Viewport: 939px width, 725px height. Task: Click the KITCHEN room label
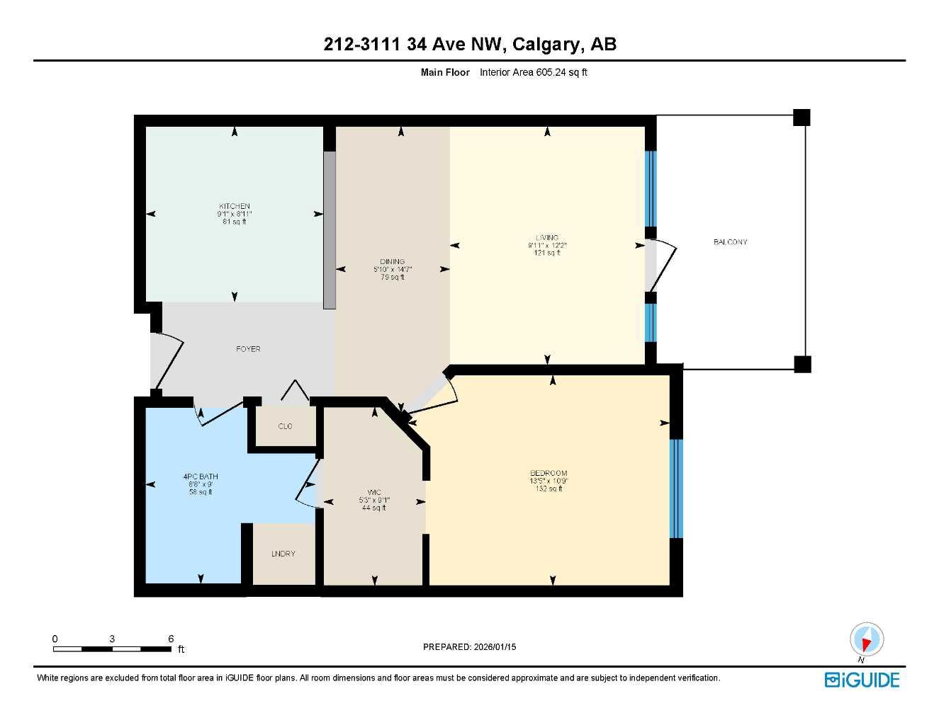pos(234,206)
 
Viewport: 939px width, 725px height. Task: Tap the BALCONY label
pos(730,242)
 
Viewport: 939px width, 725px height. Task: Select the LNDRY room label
pos(283,554)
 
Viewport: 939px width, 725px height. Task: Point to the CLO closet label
pos(285,426)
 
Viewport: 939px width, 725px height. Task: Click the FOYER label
pos(248,349)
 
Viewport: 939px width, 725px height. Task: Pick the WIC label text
pos(374,492)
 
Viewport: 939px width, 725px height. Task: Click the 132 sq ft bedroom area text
pos(549,489)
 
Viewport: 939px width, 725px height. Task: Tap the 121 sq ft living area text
pos(546,253)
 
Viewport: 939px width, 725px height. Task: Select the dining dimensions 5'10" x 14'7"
pos(392,269)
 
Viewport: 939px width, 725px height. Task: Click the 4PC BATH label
pos(201,476)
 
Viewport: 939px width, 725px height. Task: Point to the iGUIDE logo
pos(862,680)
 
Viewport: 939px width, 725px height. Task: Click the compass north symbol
pos(866,641)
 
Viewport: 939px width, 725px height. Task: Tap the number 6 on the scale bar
pos(171,639)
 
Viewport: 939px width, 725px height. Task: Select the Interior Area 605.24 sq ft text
pos(534,72)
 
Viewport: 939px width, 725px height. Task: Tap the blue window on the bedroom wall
pos(676,489)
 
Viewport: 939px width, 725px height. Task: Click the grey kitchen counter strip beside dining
pos(330,230)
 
